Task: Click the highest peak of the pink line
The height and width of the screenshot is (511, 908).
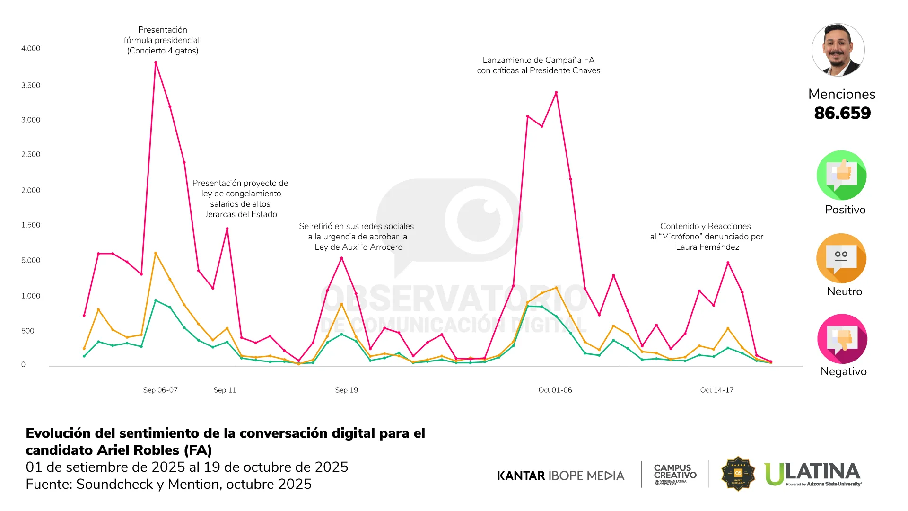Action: point(156,62)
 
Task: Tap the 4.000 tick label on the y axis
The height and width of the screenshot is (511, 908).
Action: point(31,49)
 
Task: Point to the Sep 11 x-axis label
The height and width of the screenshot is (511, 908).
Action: point(225,390)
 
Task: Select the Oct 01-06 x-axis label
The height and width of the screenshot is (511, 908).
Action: point(555,390)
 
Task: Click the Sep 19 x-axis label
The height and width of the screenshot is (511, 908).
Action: point(346,390)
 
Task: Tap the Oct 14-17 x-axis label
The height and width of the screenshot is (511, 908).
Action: point(717,390)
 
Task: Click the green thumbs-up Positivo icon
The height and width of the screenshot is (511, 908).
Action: point(841,176)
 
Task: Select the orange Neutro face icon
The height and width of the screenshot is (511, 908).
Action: point(841,258)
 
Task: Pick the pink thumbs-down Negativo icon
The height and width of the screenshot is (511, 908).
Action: point(842,339)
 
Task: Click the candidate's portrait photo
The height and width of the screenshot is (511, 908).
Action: point(838,50)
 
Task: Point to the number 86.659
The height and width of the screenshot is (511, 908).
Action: point(842,114)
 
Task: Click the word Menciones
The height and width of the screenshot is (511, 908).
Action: point(842,94)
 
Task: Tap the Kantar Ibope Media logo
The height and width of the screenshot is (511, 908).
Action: point(560,476)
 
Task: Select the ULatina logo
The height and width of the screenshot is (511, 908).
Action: point(813,474)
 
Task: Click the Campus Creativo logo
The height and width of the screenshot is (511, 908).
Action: point(675,474)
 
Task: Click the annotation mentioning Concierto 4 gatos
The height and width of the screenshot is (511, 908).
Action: point(162,41)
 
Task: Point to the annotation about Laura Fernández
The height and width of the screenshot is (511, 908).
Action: point(707,237)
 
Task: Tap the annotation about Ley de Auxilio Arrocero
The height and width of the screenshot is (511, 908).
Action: point(357,237)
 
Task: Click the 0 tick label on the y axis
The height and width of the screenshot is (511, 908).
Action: point(23,365)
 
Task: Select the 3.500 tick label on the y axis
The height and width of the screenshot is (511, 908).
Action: point(31,86)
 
